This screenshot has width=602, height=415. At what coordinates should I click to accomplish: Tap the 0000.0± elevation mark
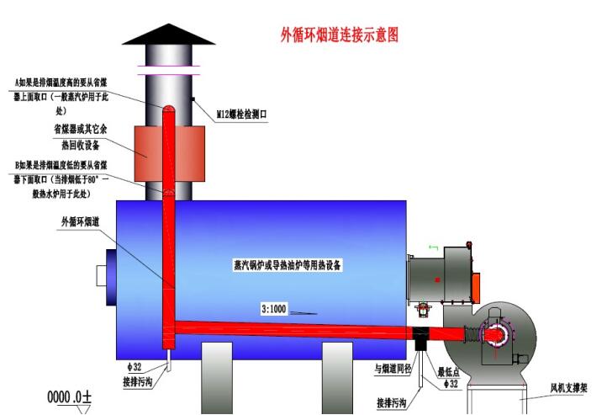[x=69, y=395]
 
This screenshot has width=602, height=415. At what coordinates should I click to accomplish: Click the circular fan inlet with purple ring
[x=494, y=336]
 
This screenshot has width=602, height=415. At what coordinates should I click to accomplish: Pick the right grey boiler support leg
[x=337, y=380]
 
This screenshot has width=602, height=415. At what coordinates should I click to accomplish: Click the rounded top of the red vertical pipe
[x=166, y=110]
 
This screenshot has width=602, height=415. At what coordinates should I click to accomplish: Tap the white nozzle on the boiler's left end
[x=103, y=275]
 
